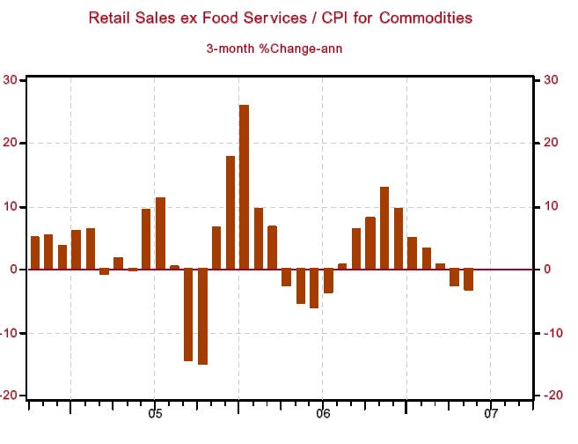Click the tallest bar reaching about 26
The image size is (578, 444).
244,187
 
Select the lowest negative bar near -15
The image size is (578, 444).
202,316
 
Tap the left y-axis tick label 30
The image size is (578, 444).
11,80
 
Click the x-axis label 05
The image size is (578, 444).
154,412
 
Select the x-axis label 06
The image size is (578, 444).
322,412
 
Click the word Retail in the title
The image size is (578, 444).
110,18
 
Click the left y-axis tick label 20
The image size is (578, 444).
11,144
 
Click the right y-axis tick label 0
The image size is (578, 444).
548,270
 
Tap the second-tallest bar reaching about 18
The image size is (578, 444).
230,212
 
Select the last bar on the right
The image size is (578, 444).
468,279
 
